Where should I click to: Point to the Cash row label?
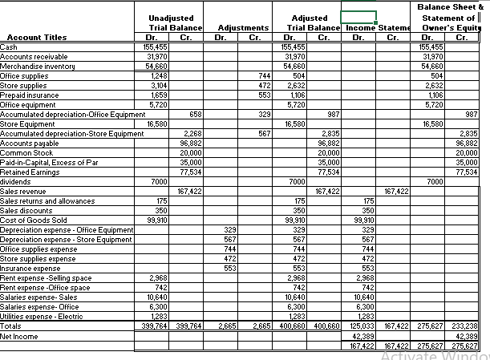10,47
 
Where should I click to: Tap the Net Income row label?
20,338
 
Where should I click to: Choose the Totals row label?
12,326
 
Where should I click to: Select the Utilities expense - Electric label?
41,317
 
